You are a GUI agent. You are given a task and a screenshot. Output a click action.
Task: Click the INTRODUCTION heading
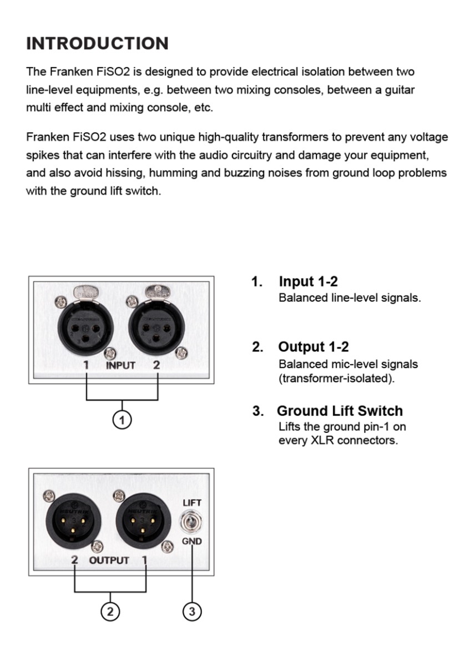(x=97, y=43)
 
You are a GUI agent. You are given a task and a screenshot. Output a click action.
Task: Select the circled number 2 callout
(x=109, y=612)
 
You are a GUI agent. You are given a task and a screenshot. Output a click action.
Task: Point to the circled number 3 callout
(x=192, y=612)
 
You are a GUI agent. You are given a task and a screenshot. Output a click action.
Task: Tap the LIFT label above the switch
(x=192, y=503)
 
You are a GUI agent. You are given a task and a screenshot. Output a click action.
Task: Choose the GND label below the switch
(x=192, y=541)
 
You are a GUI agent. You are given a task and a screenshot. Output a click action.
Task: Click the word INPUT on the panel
(x=121, y=365)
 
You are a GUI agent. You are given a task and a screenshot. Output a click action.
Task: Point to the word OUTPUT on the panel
(x=109, y=560)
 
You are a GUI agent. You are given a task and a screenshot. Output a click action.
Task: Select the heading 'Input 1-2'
(x=308, y=281)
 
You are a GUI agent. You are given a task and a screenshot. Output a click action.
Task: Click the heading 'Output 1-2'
(x=314, y=347)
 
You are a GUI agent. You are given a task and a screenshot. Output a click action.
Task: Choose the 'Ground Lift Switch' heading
(x=340, y=411)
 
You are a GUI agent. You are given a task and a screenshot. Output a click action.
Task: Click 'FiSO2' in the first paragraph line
(x=104, y=72)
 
